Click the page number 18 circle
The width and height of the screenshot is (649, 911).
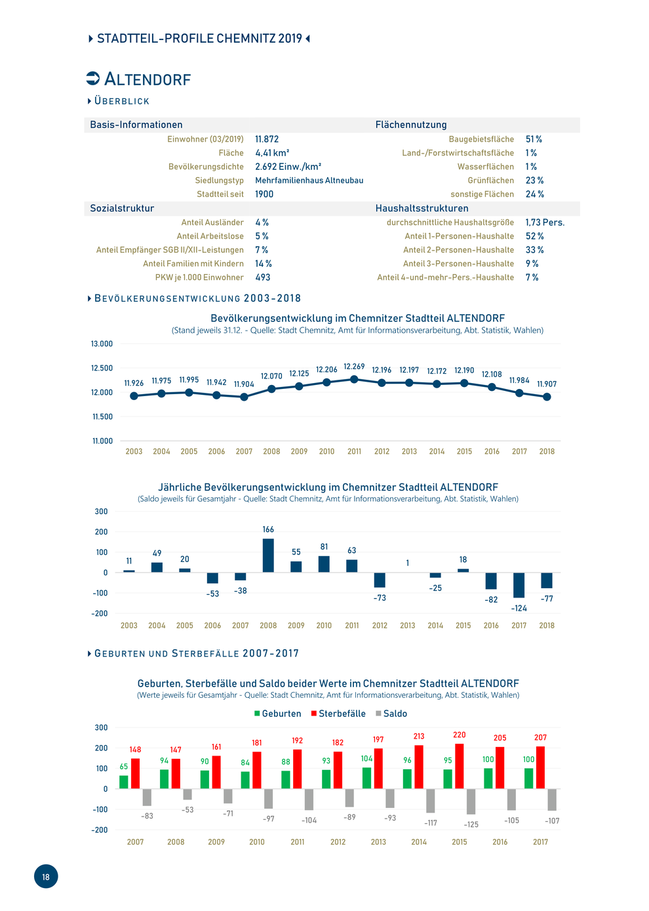tap(45, 876)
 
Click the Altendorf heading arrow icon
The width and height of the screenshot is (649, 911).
tap(92, 78)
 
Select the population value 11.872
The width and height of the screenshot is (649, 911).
tap(267, 139)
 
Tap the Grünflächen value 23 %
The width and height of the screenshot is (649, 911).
tap(534, 180)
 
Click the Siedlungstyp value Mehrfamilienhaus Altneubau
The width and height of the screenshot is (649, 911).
tap(309, 180)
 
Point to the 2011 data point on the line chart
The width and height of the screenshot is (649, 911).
tap(354, 379)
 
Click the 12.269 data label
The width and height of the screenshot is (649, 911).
tap(354, 367)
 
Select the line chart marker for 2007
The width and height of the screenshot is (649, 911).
tap(244, 397)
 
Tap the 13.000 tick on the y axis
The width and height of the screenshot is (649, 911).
tap(102, 344)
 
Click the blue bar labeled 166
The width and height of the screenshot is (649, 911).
tap(268, 555)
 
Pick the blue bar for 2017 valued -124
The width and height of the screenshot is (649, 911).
tap(519, 585)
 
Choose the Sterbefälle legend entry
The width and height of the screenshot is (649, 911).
tap(338, 714)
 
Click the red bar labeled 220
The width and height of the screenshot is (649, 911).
tap(460, 766)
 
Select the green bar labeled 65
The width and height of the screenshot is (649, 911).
tap(123, 782)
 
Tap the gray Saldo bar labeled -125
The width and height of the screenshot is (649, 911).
tap(471, 801)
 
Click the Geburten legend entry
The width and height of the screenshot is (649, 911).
tap(277, 714)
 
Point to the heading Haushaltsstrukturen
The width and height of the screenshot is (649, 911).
tap(422, 208)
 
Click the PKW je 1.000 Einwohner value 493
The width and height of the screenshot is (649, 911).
tap(262, 277)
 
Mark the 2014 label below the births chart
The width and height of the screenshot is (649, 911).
tap(419, 841)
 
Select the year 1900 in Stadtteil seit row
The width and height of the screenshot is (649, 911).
tap(264, 194)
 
